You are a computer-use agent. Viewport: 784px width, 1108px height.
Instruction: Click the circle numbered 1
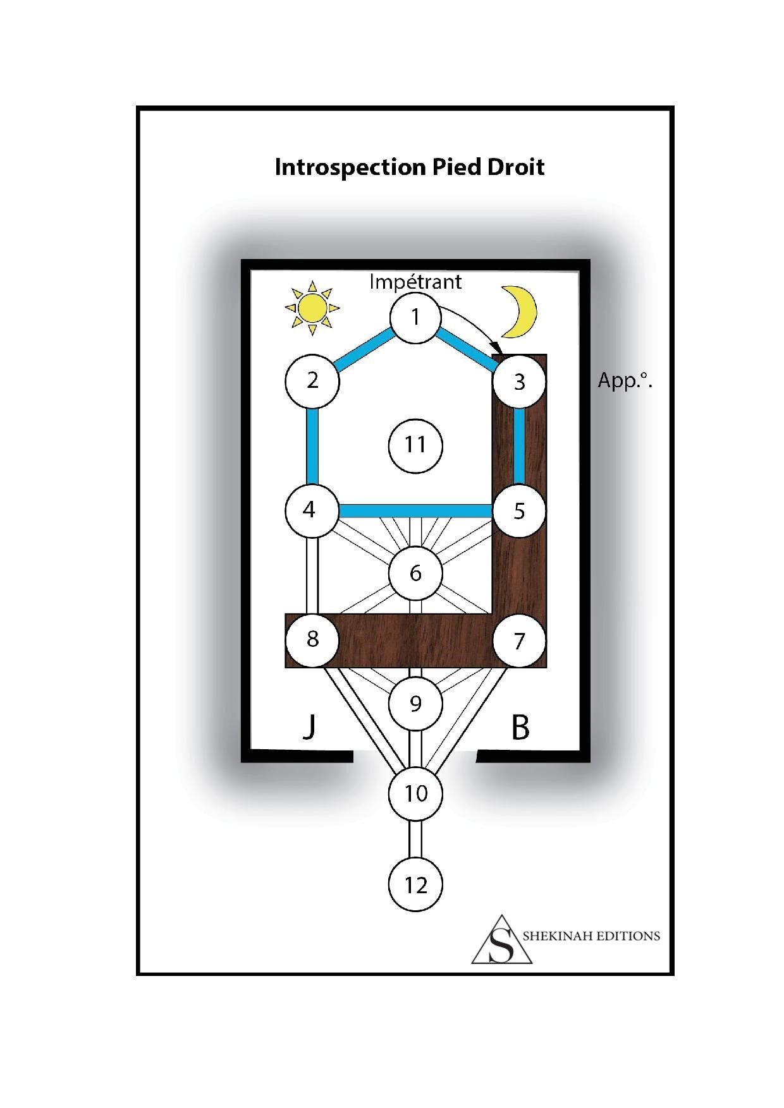[x=415, y=316]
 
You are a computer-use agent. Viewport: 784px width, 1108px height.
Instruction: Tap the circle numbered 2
[x=312, y=381]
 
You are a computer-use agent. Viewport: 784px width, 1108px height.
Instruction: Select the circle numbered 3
[x=519, y=382]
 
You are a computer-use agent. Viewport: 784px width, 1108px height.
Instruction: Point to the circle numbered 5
[x=519, y=510]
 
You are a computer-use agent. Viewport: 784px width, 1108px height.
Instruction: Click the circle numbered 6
[x=415, y=574]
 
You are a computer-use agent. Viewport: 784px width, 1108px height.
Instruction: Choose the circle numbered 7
[x=519, y=641]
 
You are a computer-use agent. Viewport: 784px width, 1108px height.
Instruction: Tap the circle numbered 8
[x=312, y=639]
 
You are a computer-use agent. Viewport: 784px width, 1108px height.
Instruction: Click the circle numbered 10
[x=415, y=793]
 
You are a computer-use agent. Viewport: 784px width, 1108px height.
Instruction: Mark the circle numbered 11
[x=415, y=445]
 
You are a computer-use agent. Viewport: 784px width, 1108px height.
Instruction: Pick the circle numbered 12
[x=415, y=884]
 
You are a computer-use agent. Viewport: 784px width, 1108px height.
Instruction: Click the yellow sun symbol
[x=312, y=308]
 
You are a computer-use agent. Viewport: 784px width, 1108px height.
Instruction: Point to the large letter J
[x=309, y=726]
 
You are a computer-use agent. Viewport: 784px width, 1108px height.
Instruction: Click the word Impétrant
[x=415, y=281]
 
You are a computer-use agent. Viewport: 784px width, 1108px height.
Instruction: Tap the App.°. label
[x=625, y=381]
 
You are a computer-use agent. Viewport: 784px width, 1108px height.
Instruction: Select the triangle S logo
[x=502, y=939]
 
